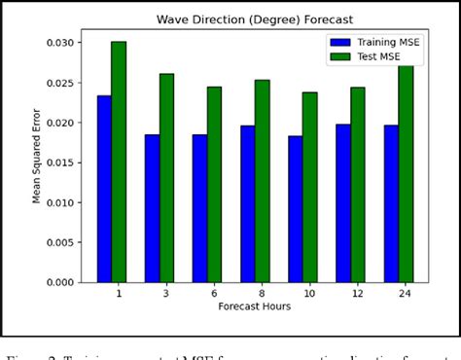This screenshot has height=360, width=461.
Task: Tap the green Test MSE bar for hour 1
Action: pyautogui.click(x=119, y=162)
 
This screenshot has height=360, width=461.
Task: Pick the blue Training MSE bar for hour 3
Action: pyautogui.click(x=152, y=208)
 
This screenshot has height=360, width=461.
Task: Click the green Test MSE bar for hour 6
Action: pyautogui.click(x=214, y=184)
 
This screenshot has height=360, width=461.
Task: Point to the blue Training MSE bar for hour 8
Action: pyautogui.click(x=247, y=203)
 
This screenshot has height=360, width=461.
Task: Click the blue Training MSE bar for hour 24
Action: pyautogui.click(x=390, y=203)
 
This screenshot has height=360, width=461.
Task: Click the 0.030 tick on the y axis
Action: pyautogui.click(x=60, y=42)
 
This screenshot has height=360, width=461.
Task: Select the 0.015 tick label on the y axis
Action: pyautogui.click(x=60, y=162)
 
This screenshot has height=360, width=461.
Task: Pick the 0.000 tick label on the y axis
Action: pyautogui.click(x=60, y=282)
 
